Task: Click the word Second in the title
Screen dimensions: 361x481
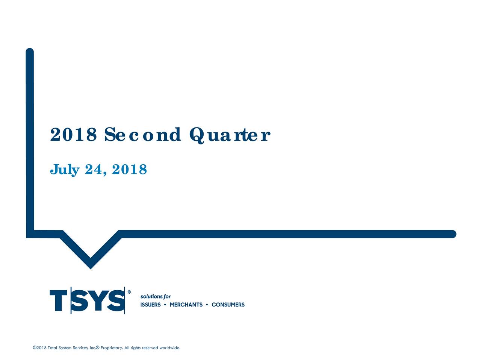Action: point(142,135)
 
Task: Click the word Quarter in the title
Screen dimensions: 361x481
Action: point(230,135)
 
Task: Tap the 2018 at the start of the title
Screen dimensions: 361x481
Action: point(74,135)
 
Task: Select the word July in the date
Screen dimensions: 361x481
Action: point(65,170)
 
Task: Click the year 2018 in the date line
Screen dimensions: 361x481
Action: point(129,170)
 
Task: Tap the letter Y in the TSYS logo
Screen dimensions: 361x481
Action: point(98,300)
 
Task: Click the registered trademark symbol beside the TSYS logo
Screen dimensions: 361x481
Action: point(129,292)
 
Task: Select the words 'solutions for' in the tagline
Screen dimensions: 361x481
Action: point(156,296)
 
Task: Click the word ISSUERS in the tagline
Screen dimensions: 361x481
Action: point(150,305)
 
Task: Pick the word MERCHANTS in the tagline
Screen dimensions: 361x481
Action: point(186,305)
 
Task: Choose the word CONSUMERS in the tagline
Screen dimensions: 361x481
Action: point(228,305)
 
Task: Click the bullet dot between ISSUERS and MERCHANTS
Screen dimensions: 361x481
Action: point(165,305)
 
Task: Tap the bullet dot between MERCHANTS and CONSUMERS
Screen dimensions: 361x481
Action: point(207,305)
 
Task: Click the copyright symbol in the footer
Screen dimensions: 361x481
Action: point(35,348)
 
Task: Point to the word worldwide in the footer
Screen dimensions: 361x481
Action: point(170,348)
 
